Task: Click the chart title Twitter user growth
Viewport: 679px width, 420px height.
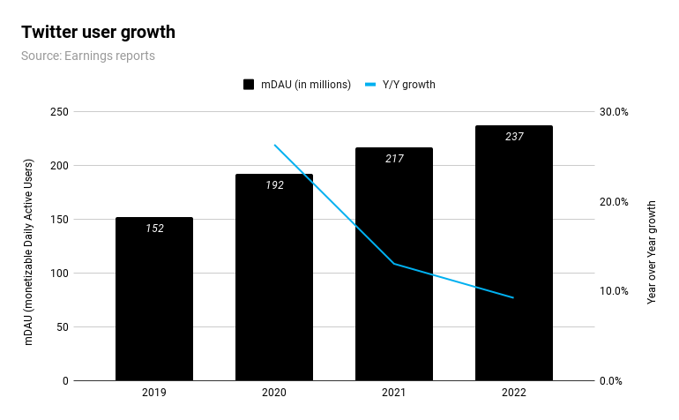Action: click(98, 33)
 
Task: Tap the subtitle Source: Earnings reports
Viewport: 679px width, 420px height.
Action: click(87, 56)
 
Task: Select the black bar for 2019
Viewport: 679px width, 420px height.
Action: click(153, 299)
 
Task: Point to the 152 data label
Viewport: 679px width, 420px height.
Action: click(153, 229)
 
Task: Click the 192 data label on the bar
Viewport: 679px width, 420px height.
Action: click(273, 185)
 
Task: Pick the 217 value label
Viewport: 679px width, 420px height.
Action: click(393, 159)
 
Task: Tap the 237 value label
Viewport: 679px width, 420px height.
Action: click(513, 137)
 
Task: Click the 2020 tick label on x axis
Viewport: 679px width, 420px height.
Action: click(273, 392)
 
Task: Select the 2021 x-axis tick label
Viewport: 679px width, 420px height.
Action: click(393, 392)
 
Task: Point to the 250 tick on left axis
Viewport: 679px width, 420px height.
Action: click(59, 112)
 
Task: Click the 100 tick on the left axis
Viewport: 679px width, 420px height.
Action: click(59, 274)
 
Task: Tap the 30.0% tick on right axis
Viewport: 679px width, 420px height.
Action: click(614, 112)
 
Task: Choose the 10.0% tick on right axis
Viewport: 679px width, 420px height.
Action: click(614, 291)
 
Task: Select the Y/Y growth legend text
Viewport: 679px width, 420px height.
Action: click(408, 85)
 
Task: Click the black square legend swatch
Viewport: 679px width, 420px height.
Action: click(249, 85)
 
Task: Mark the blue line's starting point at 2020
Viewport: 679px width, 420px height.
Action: click(274, 145)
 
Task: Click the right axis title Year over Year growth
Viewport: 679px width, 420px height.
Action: click(652, 252)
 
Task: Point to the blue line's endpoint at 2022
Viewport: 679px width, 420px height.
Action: click(513, 298)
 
